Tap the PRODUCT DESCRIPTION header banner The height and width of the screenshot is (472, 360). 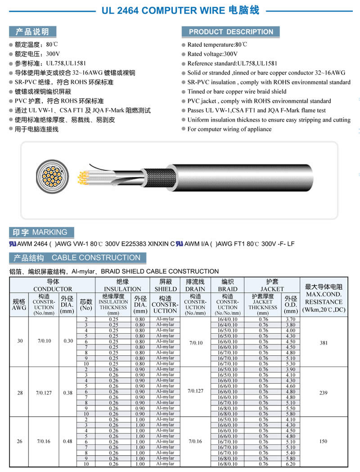coord(230,32)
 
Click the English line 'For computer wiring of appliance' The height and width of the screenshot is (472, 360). coord(229,129)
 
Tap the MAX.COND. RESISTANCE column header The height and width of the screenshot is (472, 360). coord(324,298)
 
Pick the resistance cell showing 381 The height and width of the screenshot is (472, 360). coord(324,343)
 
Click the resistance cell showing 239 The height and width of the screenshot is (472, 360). coord(324,393)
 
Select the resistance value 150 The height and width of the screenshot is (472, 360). coord(324,441)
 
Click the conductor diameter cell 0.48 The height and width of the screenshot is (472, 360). coord(67,441)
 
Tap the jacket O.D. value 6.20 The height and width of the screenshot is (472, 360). coord(291,464)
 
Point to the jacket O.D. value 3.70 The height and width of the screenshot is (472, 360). coord(291,319)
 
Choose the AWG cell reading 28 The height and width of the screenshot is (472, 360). coord(20,393)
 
